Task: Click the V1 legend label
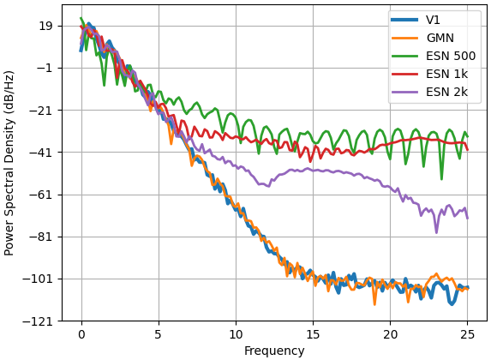pos(433,20)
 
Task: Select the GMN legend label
pos(440,38)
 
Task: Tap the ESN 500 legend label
pos(451,56)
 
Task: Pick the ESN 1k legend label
pos(446,75)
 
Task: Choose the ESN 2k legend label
pos(446,92)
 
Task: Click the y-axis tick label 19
pos(46,26)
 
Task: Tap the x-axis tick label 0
pos(81,334)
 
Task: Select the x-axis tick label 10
pos(236,334)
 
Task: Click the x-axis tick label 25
pos(468,334)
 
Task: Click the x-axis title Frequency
pos(274,351)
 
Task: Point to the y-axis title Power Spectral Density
pos(9,163)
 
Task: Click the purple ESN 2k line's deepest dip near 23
pos(436,232)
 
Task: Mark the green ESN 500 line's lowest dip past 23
pos(441,179)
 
